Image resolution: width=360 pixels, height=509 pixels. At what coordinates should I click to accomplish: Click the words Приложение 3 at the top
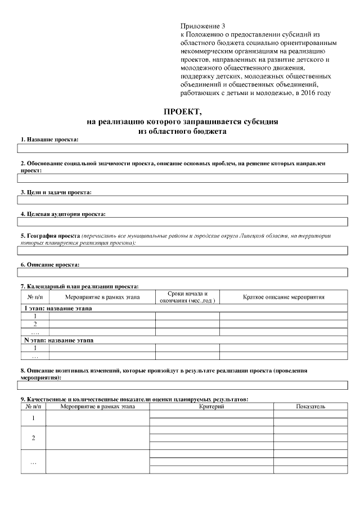(202, 26)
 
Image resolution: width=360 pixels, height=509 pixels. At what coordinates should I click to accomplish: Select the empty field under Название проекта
(182, 149)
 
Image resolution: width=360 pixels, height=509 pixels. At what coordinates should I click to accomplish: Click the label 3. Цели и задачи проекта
(56, 192)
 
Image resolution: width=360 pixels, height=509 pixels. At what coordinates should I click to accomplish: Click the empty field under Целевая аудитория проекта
(182, 224)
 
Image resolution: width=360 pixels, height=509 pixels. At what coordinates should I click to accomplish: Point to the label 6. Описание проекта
(50, 264)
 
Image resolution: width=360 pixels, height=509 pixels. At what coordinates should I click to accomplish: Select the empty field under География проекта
(182, 251)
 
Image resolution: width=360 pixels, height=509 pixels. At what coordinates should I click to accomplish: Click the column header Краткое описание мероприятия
(283, 297)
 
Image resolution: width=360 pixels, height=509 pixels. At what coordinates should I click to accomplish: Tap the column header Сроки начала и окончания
(187, 297)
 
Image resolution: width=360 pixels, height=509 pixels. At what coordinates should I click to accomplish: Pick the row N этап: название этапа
(58, 340)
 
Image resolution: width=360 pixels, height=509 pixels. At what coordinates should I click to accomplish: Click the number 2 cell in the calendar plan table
(35, 324)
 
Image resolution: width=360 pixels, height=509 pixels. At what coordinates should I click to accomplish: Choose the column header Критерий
(211, 406)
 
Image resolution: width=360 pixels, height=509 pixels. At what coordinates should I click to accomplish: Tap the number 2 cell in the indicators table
(33, 438)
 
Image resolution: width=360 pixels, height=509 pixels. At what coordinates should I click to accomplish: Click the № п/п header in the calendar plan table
(35, 297)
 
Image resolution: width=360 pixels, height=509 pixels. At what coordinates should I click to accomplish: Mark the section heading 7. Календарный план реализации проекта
(79, 286)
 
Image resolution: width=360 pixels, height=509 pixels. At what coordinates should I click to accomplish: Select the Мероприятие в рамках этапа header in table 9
(97, 406)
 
